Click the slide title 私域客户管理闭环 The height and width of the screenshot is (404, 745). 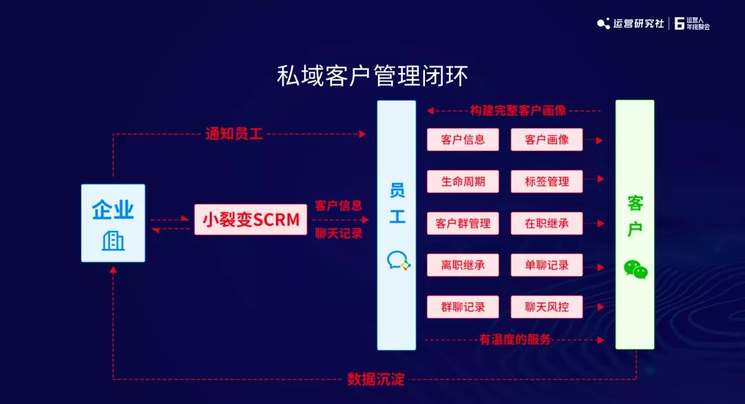[372, 76]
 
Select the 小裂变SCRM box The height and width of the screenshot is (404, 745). [250, 219]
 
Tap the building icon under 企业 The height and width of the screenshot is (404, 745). [113, 241]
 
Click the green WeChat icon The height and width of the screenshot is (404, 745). [636, 269]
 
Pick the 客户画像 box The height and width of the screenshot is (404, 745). [546, 139]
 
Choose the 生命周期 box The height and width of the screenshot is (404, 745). [463, 181]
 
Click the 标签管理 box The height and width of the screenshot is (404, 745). [546, 181]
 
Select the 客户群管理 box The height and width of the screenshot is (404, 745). [463, 223]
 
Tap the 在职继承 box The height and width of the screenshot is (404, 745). [546, 223]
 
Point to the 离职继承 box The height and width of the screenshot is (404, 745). [463, 265]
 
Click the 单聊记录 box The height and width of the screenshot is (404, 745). [546, 265]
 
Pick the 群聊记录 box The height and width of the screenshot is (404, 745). [463, 307]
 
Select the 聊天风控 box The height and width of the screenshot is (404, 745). [546, 307]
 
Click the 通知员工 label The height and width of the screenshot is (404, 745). [234, 134]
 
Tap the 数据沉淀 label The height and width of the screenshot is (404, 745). [376, 379]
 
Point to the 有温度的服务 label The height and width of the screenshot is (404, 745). [515, 339]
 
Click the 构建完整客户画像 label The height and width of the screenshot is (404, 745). [518, 110]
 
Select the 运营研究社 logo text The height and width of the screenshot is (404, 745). [638, 23]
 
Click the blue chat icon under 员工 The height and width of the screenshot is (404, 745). [398, 261]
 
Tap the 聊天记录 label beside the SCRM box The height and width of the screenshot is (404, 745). [339, 233]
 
